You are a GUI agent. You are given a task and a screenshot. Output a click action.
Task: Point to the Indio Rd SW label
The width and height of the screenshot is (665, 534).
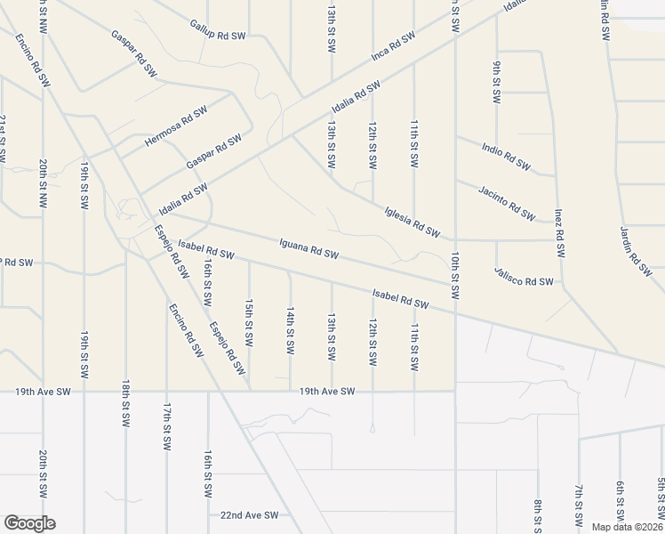[x=506, y=156]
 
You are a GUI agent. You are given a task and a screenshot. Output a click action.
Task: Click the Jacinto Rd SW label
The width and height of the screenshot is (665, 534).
[x=506, y=204]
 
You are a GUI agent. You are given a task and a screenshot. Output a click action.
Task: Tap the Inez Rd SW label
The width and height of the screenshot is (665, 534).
[x=560, y=233]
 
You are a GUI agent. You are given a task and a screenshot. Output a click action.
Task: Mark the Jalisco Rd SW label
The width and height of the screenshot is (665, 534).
[x=524, y=281]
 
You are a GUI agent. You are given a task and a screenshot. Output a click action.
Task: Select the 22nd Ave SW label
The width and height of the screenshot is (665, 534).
[x=250, y=515]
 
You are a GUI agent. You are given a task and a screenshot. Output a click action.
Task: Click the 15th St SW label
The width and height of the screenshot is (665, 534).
[x=249, y=322]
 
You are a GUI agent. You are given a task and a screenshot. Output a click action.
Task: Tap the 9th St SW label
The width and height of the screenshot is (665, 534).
[x=496, y=80]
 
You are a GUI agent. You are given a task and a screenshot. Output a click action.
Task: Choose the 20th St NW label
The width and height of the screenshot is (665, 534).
[x=43, y=182]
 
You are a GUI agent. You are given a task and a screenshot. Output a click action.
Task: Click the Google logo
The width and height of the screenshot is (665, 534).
[x=29, y=523]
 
